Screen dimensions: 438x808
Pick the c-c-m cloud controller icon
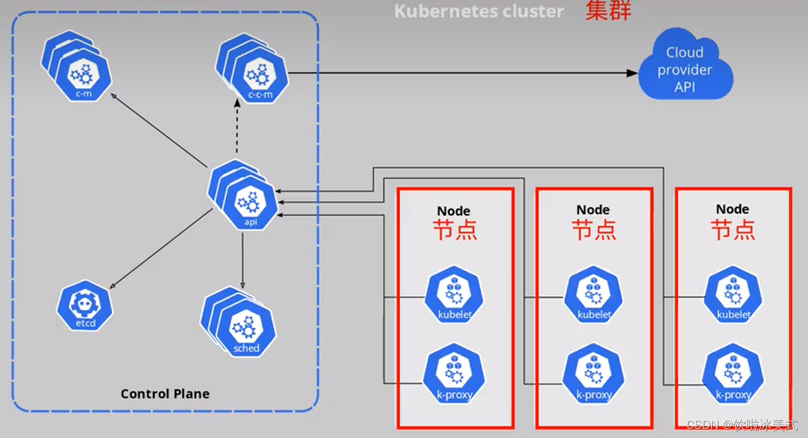click(259, 78)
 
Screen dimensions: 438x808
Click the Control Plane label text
click(165, 394)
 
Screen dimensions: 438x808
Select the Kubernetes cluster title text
click(479, 11)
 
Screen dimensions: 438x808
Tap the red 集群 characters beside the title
click(608, 11)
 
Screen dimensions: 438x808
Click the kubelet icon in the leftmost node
click(455, 297)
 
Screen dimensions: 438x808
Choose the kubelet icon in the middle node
click(594, 297)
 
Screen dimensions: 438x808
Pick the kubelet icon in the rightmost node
click(733, 297)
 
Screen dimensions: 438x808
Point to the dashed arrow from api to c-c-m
click(237, 133)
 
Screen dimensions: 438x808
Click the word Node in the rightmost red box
click(733, 209)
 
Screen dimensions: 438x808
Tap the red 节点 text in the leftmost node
click(455, 231)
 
